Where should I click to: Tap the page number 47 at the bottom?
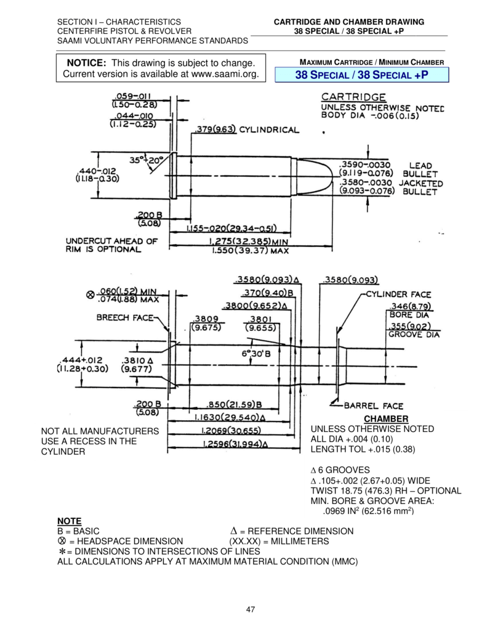pyautogui.click(x=251, y=609)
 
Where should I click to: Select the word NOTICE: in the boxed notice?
pyautogui.click(x=87, y=63)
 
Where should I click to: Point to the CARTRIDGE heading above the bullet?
pyautogui.click(x=354, y=97)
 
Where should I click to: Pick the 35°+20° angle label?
pyautogui.click(x=147, y=160)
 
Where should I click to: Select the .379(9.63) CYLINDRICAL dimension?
pyautogui.click(x=246, y=130)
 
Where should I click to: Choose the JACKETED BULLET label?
pyautogui.click(x=421, y=188)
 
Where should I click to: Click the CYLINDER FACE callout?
pyautogui.click(x=398, y=295)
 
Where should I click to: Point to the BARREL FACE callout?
pyautogui.click(x=373, y=405)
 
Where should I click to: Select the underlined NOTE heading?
pyautogui.click(x=69, y=521)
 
